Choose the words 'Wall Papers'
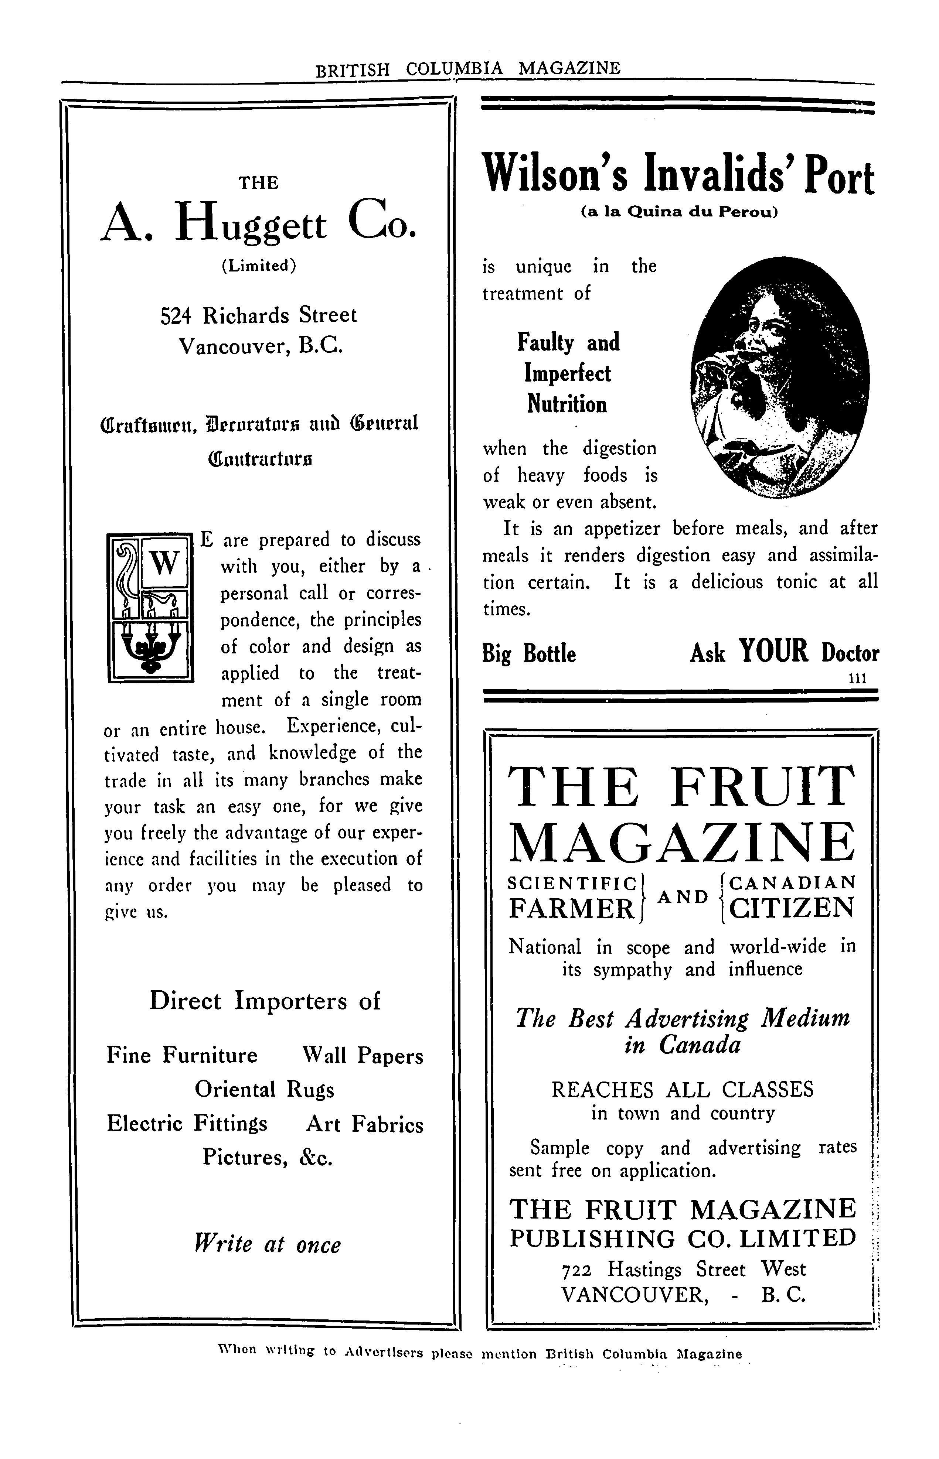[362, 1056]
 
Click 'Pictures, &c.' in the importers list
[268, 1157]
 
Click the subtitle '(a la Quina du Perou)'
[679, 213]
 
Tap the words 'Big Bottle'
[529, 654]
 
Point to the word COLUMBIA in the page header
[455, 68]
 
